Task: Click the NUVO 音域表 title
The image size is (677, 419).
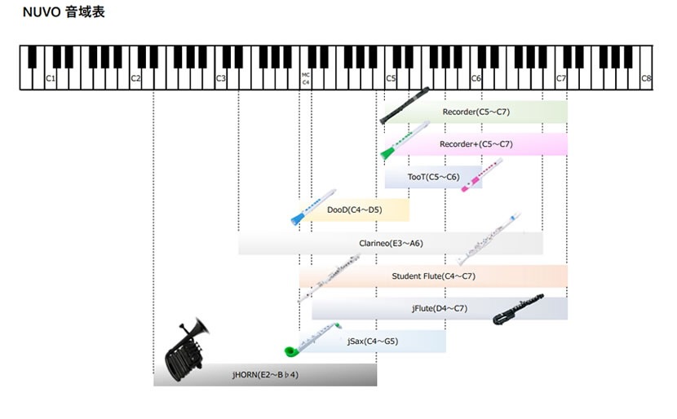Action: pos(64,11)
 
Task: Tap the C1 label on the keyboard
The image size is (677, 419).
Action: pos(51,78)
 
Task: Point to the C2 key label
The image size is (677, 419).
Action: pos(135,78)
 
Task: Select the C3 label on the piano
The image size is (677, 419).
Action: pos(220,78)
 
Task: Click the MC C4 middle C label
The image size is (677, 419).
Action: pos(306,78)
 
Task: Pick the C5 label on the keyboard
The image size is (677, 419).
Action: pos(391,78)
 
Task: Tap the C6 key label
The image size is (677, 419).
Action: pos(476,78)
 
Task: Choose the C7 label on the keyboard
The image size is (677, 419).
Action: pos(561,78)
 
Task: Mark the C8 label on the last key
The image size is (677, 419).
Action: pos(646,78)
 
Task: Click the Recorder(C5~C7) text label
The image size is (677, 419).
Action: pos(476,112)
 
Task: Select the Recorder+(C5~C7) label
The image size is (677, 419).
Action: pos(476,144)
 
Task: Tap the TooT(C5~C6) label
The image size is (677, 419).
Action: pos(433,177)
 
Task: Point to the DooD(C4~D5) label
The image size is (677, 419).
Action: pos(355,210)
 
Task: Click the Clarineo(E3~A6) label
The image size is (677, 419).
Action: pos(392,244)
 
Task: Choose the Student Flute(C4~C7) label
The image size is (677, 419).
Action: pos(433,276)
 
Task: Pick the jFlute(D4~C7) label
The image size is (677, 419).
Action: pos(440,308)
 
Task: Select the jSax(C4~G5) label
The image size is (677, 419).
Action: pos(373,342)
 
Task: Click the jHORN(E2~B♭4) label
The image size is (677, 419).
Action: pos(265,375)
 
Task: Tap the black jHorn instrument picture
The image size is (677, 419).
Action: pos(187,350)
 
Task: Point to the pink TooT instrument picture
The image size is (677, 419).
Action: pos(482,174)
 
